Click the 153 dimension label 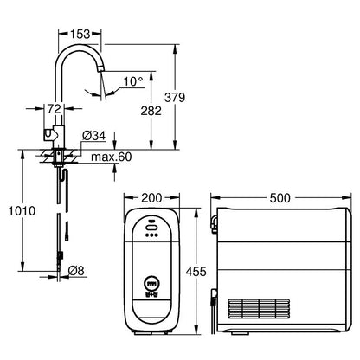80,34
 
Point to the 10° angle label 133,81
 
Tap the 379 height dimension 175,98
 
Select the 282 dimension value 151,111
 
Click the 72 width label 55,109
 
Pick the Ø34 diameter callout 93,136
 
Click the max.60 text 112,157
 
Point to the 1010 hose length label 22,211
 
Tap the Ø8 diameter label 76,271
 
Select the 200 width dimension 151,198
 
